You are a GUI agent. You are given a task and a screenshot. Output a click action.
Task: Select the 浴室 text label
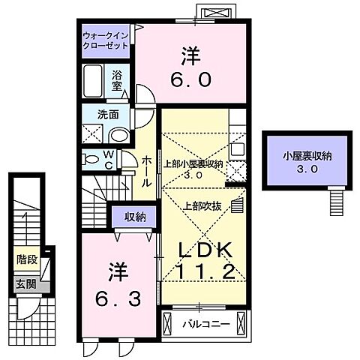pyautogui.click(x=118, y=81)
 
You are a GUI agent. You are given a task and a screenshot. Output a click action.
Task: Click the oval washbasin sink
pyautogui.click(x=118, y=135)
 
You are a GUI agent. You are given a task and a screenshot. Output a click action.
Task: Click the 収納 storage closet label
pyautogui.click(x=135, y=217)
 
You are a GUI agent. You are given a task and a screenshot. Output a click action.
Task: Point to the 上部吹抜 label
pyautogui.click(x=199, y=204)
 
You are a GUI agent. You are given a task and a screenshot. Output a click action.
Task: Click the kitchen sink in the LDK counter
pyautogui.click(x=238, y=147)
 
